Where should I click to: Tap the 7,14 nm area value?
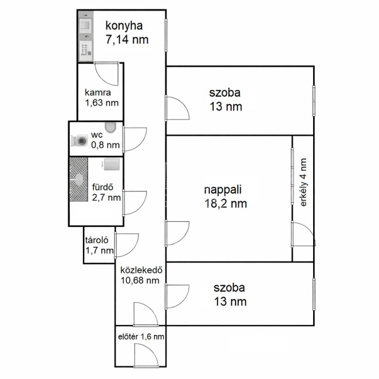pos(127,40)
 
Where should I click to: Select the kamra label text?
pos(98,93)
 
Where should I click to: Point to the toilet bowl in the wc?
pos(110,128)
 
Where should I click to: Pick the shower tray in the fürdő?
pos(79,180)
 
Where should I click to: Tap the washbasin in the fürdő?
pos(112,164)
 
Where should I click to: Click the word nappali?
pos(223,189)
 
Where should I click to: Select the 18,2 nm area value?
pos(225,204)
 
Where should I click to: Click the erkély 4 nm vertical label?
pos(303,182)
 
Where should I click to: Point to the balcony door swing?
pos(303,234)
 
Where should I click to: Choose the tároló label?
pos(97,240)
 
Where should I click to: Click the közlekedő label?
pos(141,270)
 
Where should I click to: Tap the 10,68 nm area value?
pos(140,281)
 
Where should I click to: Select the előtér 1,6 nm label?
pos(141,336)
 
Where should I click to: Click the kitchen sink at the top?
pos(85,25)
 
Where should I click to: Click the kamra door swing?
pos(106,74)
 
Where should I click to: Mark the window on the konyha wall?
pos(166,35)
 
